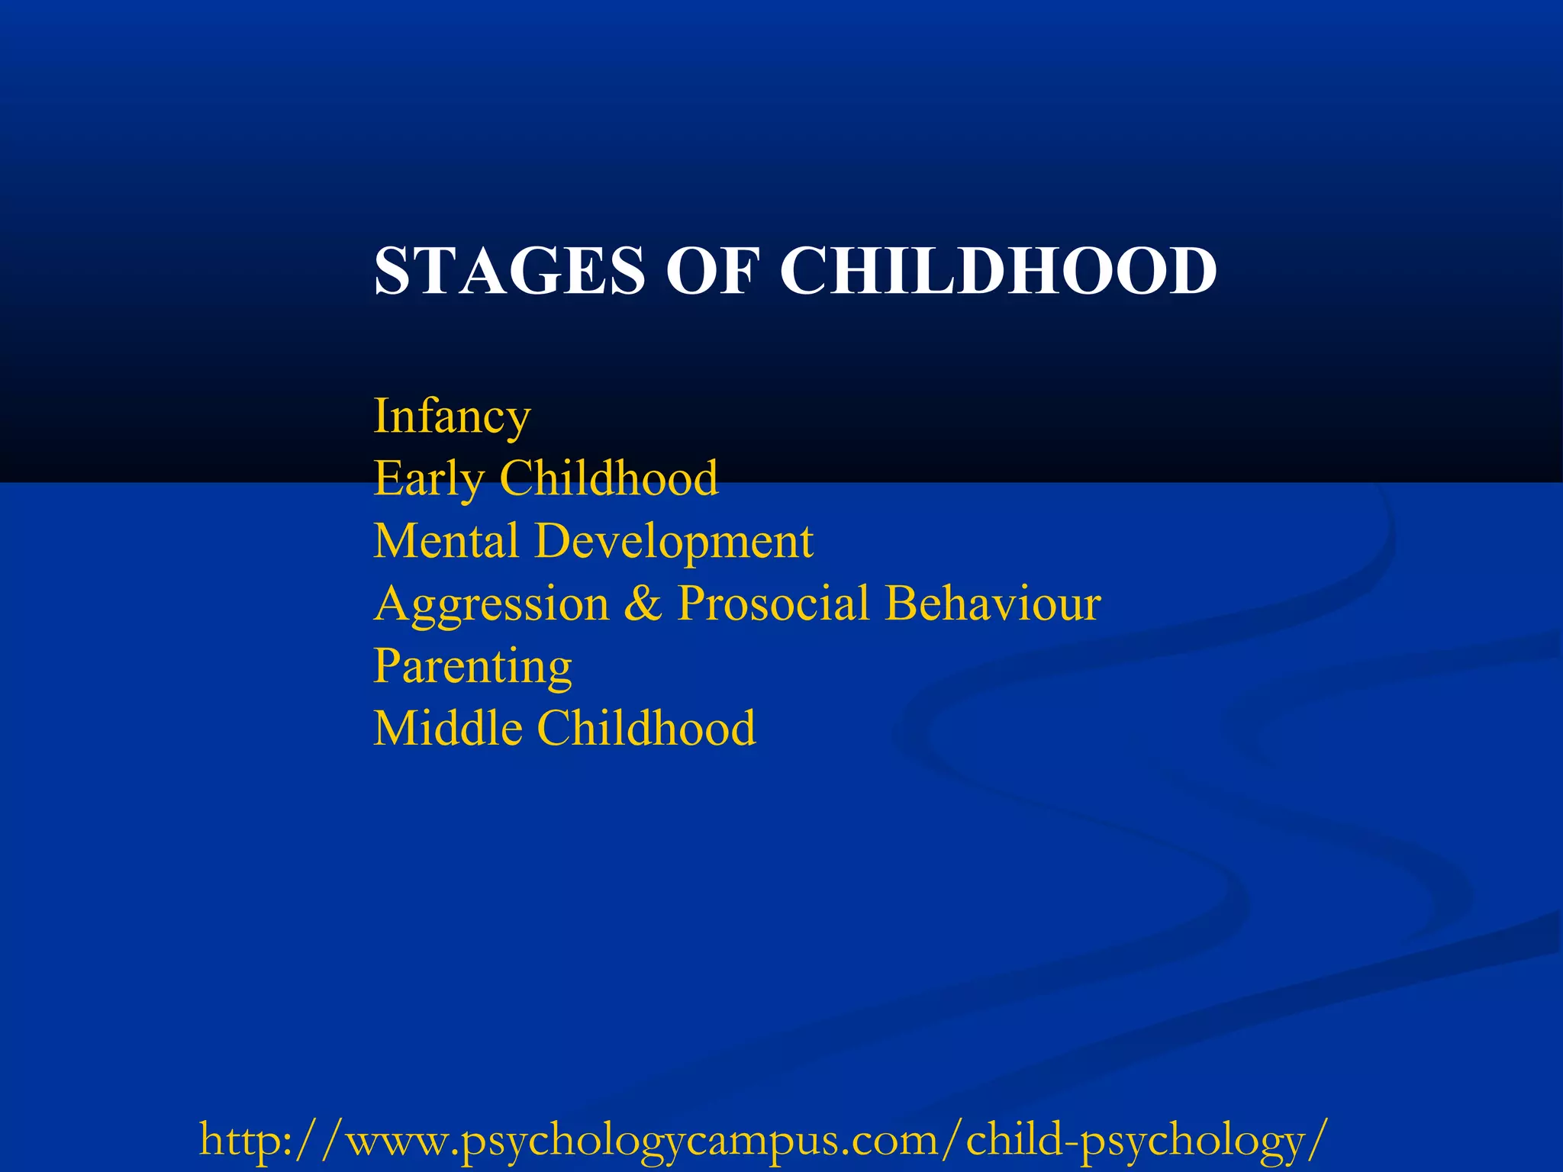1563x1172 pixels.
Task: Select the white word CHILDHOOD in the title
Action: coord(998,271)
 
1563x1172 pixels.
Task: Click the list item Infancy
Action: coord(452,417)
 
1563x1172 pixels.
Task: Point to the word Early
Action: coord(428,479)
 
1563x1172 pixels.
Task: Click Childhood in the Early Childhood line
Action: coord(608,478)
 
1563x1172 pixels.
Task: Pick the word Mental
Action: coord(446,541)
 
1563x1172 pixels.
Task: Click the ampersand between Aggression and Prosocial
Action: coord(643,604)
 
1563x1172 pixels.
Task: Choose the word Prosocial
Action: coord(773,604)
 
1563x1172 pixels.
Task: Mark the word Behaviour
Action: coord(993,604)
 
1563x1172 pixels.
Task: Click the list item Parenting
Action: coord(472,668)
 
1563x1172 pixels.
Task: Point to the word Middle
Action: coord(448,728)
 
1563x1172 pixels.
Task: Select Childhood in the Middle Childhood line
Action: coord(647,728)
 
